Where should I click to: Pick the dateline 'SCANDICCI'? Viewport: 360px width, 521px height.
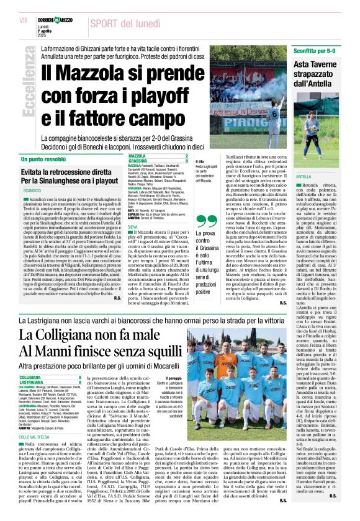tap(32, 189)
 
